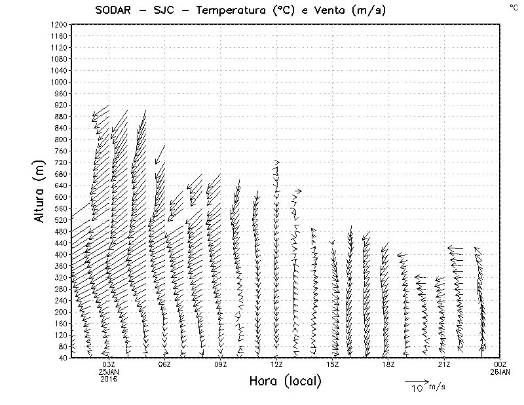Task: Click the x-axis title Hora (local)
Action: (286, 381)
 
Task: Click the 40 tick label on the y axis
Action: (62, 358)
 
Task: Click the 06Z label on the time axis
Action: (164, 364)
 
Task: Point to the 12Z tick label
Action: (276, 364)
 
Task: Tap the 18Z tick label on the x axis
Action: (388, 364)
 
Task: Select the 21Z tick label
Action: (445, 364)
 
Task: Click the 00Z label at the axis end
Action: (500, 364)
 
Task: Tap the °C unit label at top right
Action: (513, 7)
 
